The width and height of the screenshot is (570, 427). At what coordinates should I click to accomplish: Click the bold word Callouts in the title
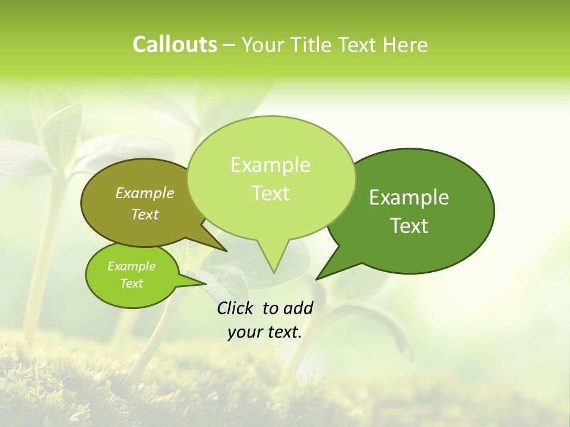tap(175, 44)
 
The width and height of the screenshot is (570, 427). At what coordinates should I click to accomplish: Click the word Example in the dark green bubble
tap(409, 197)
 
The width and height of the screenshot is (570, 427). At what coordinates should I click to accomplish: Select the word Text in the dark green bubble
tap(409, 225)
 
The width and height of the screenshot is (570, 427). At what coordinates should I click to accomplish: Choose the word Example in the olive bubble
tap(145, 193)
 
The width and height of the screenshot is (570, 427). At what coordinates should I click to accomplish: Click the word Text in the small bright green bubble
tap(132, 283)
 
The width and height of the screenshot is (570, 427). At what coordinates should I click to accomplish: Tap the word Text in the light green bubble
tap(271, 193)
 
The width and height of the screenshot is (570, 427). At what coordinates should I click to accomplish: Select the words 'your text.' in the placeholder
tap(265, 332)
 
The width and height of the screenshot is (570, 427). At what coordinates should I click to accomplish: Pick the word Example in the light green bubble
tap(271, 165)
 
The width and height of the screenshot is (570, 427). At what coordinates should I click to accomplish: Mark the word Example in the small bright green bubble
tap(132, 266)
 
